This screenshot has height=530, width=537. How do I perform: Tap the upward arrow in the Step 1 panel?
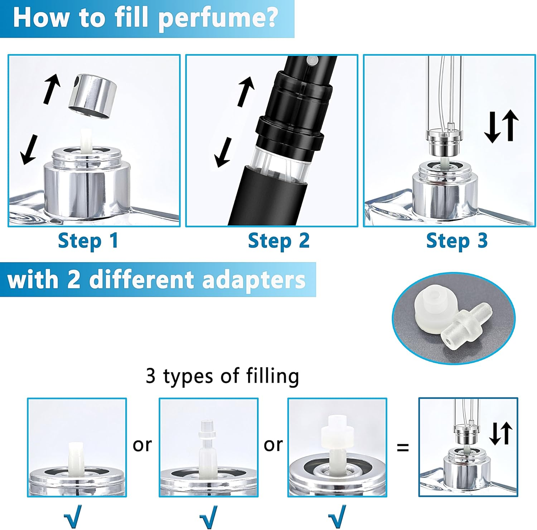(52, 89)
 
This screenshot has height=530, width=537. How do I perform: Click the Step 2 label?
(279, 241)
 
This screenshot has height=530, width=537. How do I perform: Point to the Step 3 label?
(457, 241)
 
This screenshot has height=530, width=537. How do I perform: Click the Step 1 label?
(88, 241)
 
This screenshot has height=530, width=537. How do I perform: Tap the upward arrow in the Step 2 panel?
(246, 92)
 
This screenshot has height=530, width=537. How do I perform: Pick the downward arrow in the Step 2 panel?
(223, 153)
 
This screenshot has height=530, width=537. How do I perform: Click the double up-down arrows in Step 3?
(501, 126)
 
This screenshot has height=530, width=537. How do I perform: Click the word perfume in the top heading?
(218, 18)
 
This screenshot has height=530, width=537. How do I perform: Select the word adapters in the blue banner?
(253, 280)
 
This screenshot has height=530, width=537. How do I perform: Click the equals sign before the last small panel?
(403, 447)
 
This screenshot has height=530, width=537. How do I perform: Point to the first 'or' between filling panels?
(142, 445)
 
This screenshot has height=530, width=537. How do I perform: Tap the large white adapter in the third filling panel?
(337, 434)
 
